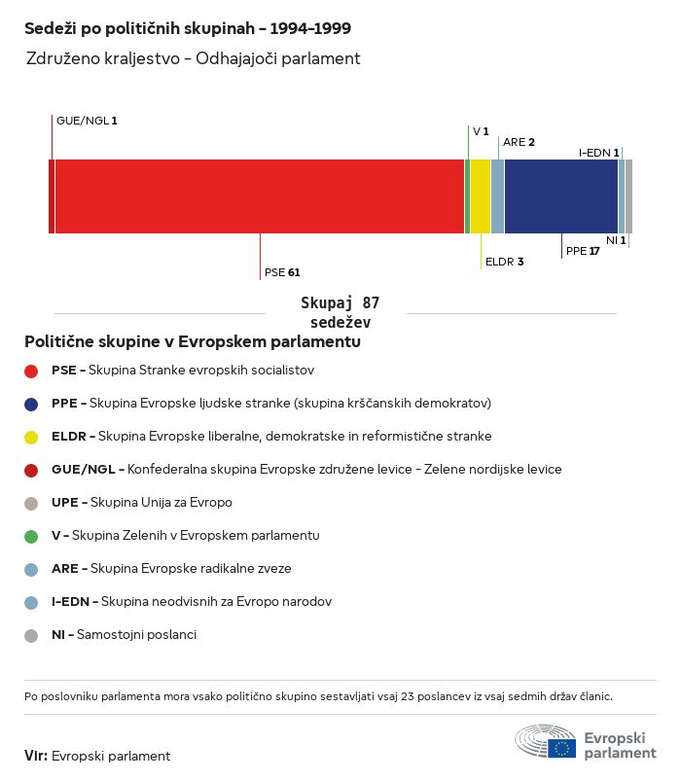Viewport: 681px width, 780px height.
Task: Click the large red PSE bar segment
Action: (259, 196)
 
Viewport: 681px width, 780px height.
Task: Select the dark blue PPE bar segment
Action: (561, 196)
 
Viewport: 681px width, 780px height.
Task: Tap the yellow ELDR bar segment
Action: (481, 196)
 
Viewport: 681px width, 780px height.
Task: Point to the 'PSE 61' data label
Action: (282, 272)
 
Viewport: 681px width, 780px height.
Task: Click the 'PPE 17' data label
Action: (583, 251)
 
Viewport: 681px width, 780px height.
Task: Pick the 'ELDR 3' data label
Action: (504, 262)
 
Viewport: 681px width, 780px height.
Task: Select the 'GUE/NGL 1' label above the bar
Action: (87, 121)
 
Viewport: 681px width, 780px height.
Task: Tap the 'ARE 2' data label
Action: (519, 142)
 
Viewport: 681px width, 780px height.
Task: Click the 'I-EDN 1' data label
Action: (599, 153)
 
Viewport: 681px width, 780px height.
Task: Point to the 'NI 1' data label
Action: (616, 240)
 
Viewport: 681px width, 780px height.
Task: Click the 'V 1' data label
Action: (481, 131)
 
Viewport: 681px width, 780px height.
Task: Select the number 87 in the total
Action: (371, 302)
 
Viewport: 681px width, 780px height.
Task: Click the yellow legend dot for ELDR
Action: (31, 438)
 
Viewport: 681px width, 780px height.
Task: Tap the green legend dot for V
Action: (31, 537)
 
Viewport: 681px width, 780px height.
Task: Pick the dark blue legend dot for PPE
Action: (31, 405)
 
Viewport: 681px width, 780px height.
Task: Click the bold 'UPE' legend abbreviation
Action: (64, 503)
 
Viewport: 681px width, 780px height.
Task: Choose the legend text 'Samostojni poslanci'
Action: (136, 635)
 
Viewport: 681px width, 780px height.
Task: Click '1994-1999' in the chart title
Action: (310, 28)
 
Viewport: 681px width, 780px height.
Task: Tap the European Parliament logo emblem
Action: (545, 741)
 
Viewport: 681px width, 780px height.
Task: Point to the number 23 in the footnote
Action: (407, 696)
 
